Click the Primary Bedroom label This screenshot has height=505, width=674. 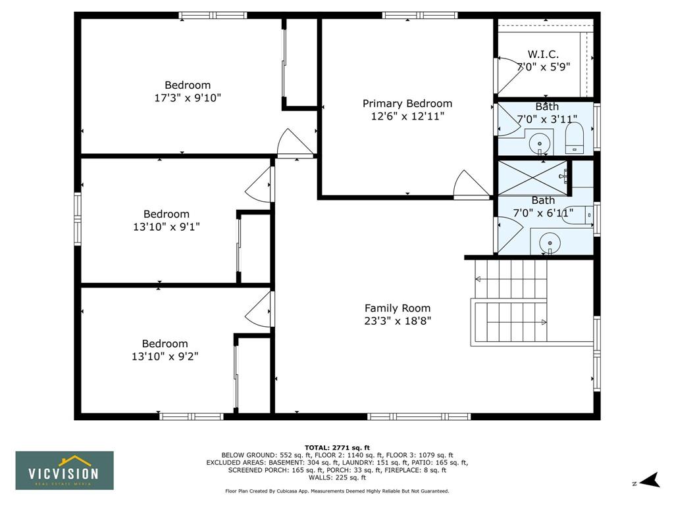tap(407, 103)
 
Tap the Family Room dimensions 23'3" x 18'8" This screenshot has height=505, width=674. tap(398, 321)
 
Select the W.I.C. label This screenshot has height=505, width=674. tap(543, 54)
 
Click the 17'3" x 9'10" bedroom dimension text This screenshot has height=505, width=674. tap(188, 98)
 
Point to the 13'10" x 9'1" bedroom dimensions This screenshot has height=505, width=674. tap(167, 227)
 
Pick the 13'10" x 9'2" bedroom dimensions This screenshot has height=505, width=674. tap(165, 356)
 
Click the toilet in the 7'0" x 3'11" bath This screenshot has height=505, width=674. tap(573, 138)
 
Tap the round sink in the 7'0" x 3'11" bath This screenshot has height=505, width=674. tap(540, 143)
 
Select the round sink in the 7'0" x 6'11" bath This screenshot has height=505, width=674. tap(550, 243)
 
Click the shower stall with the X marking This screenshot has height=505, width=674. tap(532, 178)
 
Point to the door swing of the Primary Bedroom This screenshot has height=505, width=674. tap(471, 185)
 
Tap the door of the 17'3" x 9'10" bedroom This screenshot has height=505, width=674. tap(296, 143)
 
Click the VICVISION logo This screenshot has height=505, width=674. tap(65, 471)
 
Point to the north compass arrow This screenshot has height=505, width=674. tap(650, 481)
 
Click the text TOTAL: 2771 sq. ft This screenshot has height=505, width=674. tap(337, 448)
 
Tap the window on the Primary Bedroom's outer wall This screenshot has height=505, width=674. tap(419, 16)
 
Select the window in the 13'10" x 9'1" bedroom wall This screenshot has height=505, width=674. tap(78, 219)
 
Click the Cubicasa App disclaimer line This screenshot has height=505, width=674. tap(337, 491)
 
